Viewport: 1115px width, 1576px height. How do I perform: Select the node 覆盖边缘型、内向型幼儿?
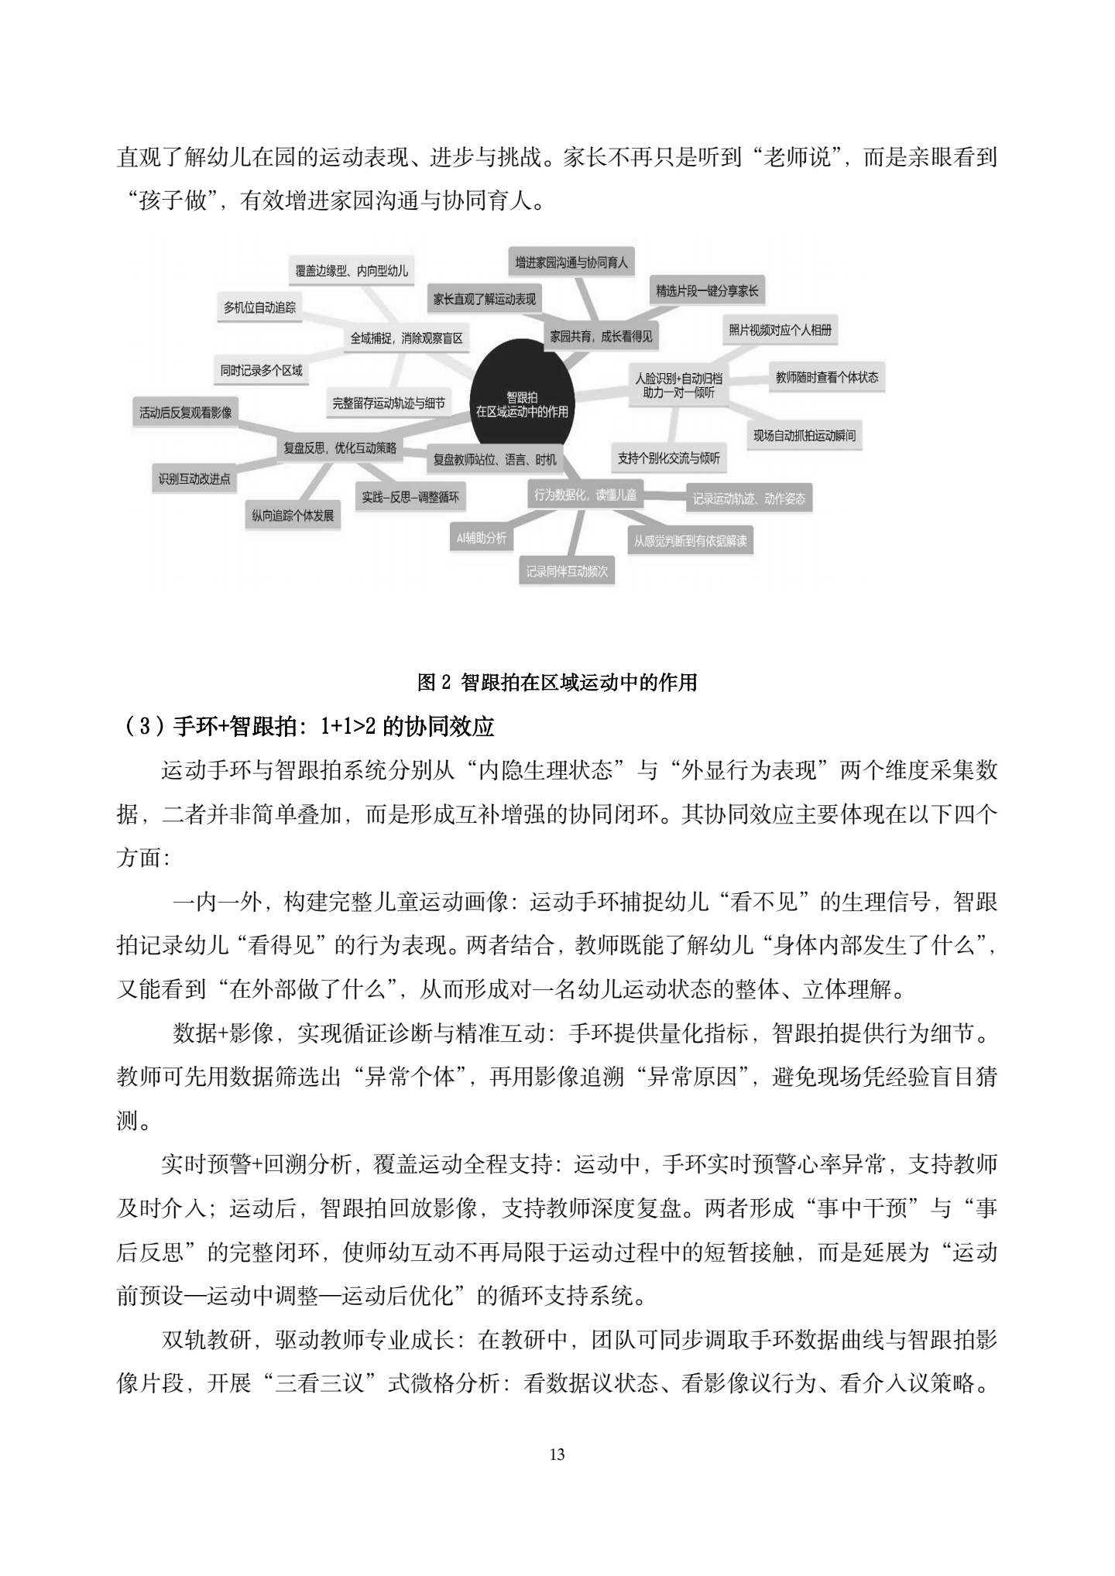pos(352,271)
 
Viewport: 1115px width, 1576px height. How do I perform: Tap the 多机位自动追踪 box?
pos(259,307)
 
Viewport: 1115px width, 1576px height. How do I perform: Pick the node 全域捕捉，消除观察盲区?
pos(407,338)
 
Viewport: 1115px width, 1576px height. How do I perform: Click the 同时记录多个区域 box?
pos(261,370)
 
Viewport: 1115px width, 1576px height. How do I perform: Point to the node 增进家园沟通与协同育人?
pos(571,262)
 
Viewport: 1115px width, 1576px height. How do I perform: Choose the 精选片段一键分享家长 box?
pos(707,291)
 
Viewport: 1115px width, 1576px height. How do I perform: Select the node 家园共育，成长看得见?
pos(601,336)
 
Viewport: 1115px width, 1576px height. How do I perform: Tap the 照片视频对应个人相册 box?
pos(780,330)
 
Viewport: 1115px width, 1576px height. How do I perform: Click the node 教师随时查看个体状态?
pos(827,377)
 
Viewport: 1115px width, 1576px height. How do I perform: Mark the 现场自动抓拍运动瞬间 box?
pos(805,435)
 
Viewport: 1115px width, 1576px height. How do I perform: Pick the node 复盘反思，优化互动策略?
pos(340,447)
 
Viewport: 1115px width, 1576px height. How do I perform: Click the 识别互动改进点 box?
pos(194,479)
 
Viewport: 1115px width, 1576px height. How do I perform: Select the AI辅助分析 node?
pos(481,537)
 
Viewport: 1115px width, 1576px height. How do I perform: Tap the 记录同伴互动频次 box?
pos(567,571)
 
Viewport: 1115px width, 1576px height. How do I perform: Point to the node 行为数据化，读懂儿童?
pos(585,494)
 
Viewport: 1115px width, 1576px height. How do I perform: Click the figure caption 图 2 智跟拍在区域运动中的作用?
pos(557,682)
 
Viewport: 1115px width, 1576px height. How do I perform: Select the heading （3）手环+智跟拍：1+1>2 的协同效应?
pos(308,727)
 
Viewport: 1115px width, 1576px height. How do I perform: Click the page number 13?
pos(557,1454)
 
